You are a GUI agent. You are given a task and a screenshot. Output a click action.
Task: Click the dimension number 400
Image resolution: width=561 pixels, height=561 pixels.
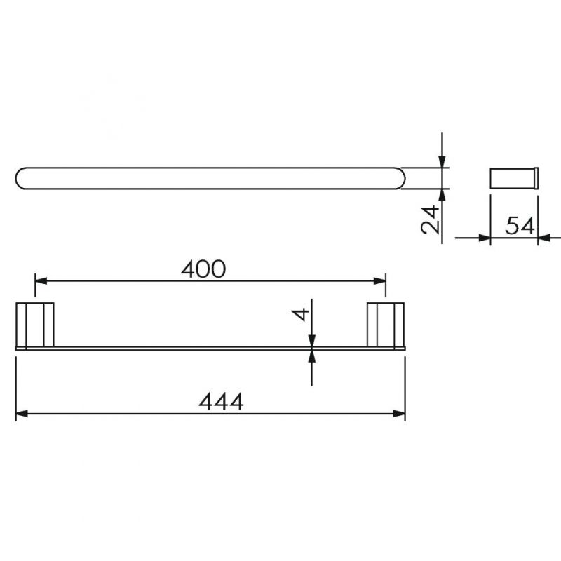[x=203, y=269]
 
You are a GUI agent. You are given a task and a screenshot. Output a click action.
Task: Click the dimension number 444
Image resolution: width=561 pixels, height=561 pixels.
[x=221, y=401]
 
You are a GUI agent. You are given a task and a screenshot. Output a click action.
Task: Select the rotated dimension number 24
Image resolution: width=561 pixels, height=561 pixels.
[x=430, y=219]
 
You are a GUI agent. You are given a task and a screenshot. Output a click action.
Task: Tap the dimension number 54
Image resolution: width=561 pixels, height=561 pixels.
[x=520, y=225]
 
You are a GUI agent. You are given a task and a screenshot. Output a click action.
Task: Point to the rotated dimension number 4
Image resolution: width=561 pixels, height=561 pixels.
[x=300, y=314]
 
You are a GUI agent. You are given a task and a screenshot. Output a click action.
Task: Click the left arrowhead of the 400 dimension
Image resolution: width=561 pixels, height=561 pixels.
[x=41, y=281]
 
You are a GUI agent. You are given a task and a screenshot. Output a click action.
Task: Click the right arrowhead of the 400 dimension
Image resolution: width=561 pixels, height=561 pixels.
[x=379, y=281]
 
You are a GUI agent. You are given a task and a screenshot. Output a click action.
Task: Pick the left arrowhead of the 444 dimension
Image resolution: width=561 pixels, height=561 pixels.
[x=22, y=414]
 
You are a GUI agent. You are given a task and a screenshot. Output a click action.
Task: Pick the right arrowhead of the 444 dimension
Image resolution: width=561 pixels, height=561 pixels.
[x=399, y=414]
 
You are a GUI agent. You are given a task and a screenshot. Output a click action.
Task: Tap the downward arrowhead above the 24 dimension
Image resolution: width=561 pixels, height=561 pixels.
[x=442, y=161]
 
